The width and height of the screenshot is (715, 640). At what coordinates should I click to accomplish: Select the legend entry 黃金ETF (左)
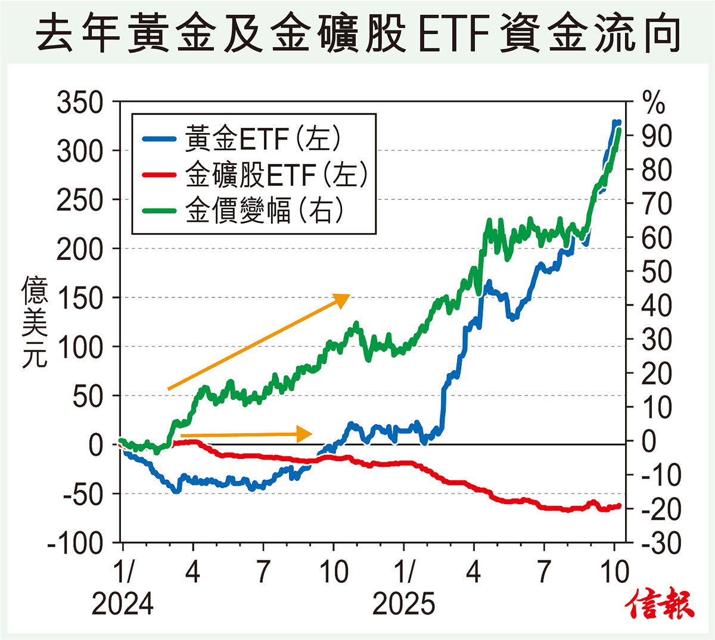(262, 138)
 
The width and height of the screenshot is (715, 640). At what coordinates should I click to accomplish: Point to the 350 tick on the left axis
(80, 102)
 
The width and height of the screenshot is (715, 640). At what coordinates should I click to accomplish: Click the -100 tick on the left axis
(75, 543)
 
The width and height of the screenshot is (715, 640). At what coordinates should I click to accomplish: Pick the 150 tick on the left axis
(80, 298)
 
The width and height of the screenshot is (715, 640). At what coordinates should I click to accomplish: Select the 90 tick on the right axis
(656, 136)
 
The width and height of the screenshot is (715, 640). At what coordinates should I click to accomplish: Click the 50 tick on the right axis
(656, 272)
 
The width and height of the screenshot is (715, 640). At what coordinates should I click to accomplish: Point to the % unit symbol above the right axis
(654, 102)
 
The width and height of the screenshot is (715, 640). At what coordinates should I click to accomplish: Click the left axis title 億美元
(34, 322)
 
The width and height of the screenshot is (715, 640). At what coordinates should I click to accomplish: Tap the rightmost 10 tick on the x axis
(614, 573)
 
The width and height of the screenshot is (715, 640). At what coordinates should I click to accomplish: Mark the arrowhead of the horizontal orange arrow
(305, 434)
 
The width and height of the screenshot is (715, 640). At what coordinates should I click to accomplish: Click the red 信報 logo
(660, 605)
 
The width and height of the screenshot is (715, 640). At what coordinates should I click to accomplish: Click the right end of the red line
(619, 506)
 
